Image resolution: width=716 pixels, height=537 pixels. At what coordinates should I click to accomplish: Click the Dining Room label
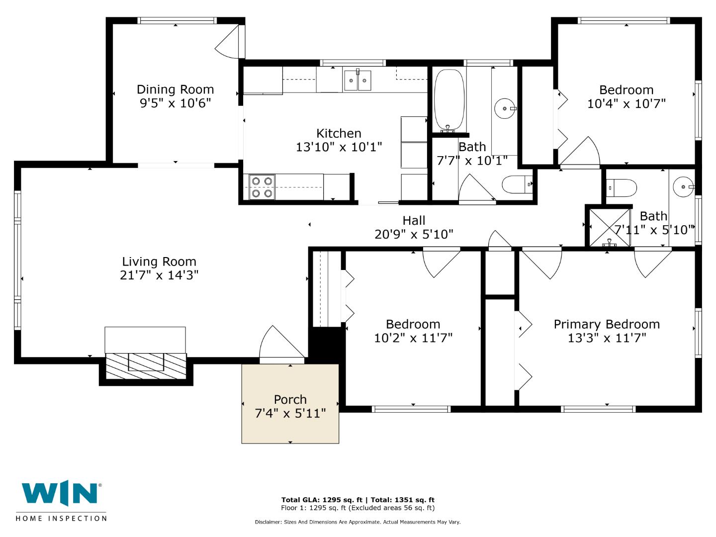click(175, 89)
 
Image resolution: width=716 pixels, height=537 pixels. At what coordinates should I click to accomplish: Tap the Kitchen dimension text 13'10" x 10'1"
click(339, 147)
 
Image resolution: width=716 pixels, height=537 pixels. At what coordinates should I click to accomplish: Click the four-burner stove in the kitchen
click(262, 187)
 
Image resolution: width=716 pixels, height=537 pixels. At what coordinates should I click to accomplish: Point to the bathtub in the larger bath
click(449, 100)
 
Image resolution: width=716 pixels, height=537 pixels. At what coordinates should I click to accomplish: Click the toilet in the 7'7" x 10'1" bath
click(517, 184)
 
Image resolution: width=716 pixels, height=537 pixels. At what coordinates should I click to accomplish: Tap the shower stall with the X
click(610, 227)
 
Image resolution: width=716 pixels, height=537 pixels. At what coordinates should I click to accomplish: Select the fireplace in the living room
click(146, 365)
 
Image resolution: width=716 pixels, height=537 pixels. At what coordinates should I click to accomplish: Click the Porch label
click(290, 399)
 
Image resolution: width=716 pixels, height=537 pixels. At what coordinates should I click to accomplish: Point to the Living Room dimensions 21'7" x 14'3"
click(159, 275)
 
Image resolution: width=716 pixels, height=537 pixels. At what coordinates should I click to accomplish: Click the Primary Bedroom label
click(607, 324)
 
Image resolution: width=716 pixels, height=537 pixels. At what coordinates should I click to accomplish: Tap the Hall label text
click(414, 220)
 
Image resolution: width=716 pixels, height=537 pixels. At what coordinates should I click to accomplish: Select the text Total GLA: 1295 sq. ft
click(322, 500)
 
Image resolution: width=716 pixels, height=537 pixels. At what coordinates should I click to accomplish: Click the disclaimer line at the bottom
click(358, 522)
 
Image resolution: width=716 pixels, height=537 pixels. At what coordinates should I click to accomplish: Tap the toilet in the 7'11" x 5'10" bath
click(622, 188)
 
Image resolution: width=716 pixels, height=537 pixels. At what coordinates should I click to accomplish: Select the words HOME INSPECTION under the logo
click(61, 519)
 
